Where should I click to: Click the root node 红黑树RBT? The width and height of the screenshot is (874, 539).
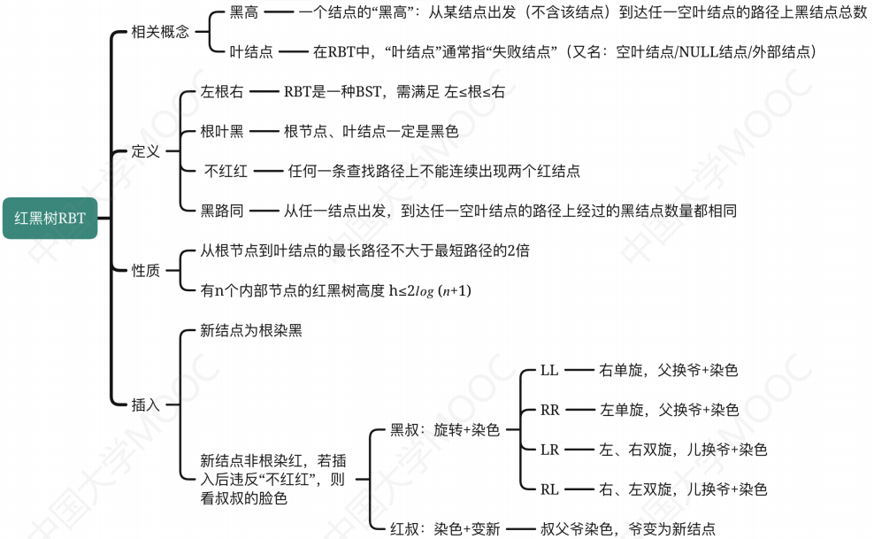tap(50, 217)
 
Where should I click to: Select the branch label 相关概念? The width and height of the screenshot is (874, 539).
tap(160, 32)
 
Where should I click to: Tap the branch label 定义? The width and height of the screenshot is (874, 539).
tap(146, 151)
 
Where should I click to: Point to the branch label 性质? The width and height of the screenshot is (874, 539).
tap(146, 270)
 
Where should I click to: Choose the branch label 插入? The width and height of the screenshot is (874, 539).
tap(146, 404)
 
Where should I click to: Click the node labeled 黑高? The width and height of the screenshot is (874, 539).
tap(244, 12)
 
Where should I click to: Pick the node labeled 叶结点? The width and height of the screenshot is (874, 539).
tap(251, 51)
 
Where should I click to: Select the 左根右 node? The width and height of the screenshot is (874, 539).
tap(222, 92)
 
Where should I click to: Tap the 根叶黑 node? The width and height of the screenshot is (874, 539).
tap(222, 131)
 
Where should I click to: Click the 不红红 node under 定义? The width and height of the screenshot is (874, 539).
tap(226, 171)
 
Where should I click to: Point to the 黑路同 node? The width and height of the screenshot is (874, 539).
tap(222, 211)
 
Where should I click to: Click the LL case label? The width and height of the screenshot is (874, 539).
tap(549, 370)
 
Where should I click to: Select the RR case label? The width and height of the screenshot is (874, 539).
tap(550, 410)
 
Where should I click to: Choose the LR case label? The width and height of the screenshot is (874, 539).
tap(550, 450)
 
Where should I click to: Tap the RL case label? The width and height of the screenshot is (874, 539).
tap(550, 489)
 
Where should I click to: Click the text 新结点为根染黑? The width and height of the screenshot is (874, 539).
tap(251, 330)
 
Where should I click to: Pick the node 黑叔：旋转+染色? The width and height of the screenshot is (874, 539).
tap(445, 430)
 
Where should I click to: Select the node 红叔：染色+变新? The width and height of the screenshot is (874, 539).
tap(445, 529)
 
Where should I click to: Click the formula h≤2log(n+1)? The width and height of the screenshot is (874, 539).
tap(430, 290)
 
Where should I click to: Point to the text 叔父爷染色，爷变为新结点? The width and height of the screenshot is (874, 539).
tap(628, 529)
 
